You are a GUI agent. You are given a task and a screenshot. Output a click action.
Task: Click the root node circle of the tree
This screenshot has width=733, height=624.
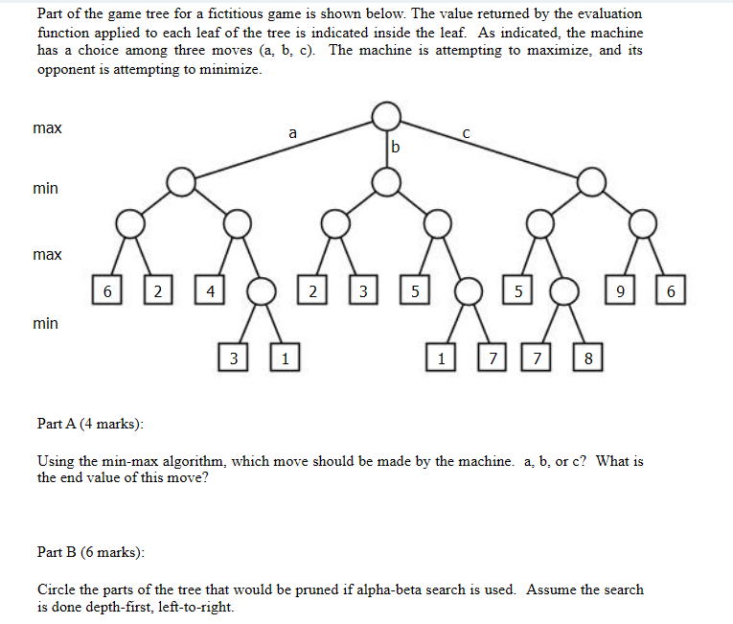(x=386, y=117)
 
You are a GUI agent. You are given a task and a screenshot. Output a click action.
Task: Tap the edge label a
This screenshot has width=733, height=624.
(x=292, y=133)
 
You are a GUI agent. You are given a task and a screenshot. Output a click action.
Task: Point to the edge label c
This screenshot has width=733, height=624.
(x=465, y=134)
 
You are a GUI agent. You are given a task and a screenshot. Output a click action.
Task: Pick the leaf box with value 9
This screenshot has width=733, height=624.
(x=621, y=289)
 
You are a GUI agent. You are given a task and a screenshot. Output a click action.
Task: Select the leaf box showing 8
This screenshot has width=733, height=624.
(x=588, y=359)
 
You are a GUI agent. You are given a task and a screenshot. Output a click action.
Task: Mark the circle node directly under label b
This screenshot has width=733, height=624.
(x=386, y=180)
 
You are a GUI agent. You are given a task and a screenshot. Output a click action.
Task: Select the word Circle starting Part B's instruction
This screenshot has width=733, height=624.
(x=57, y=589)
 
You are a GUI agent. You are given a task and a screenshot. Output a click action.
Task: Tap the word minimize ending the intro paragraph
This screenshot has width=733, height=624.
(x=230, y=69)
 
